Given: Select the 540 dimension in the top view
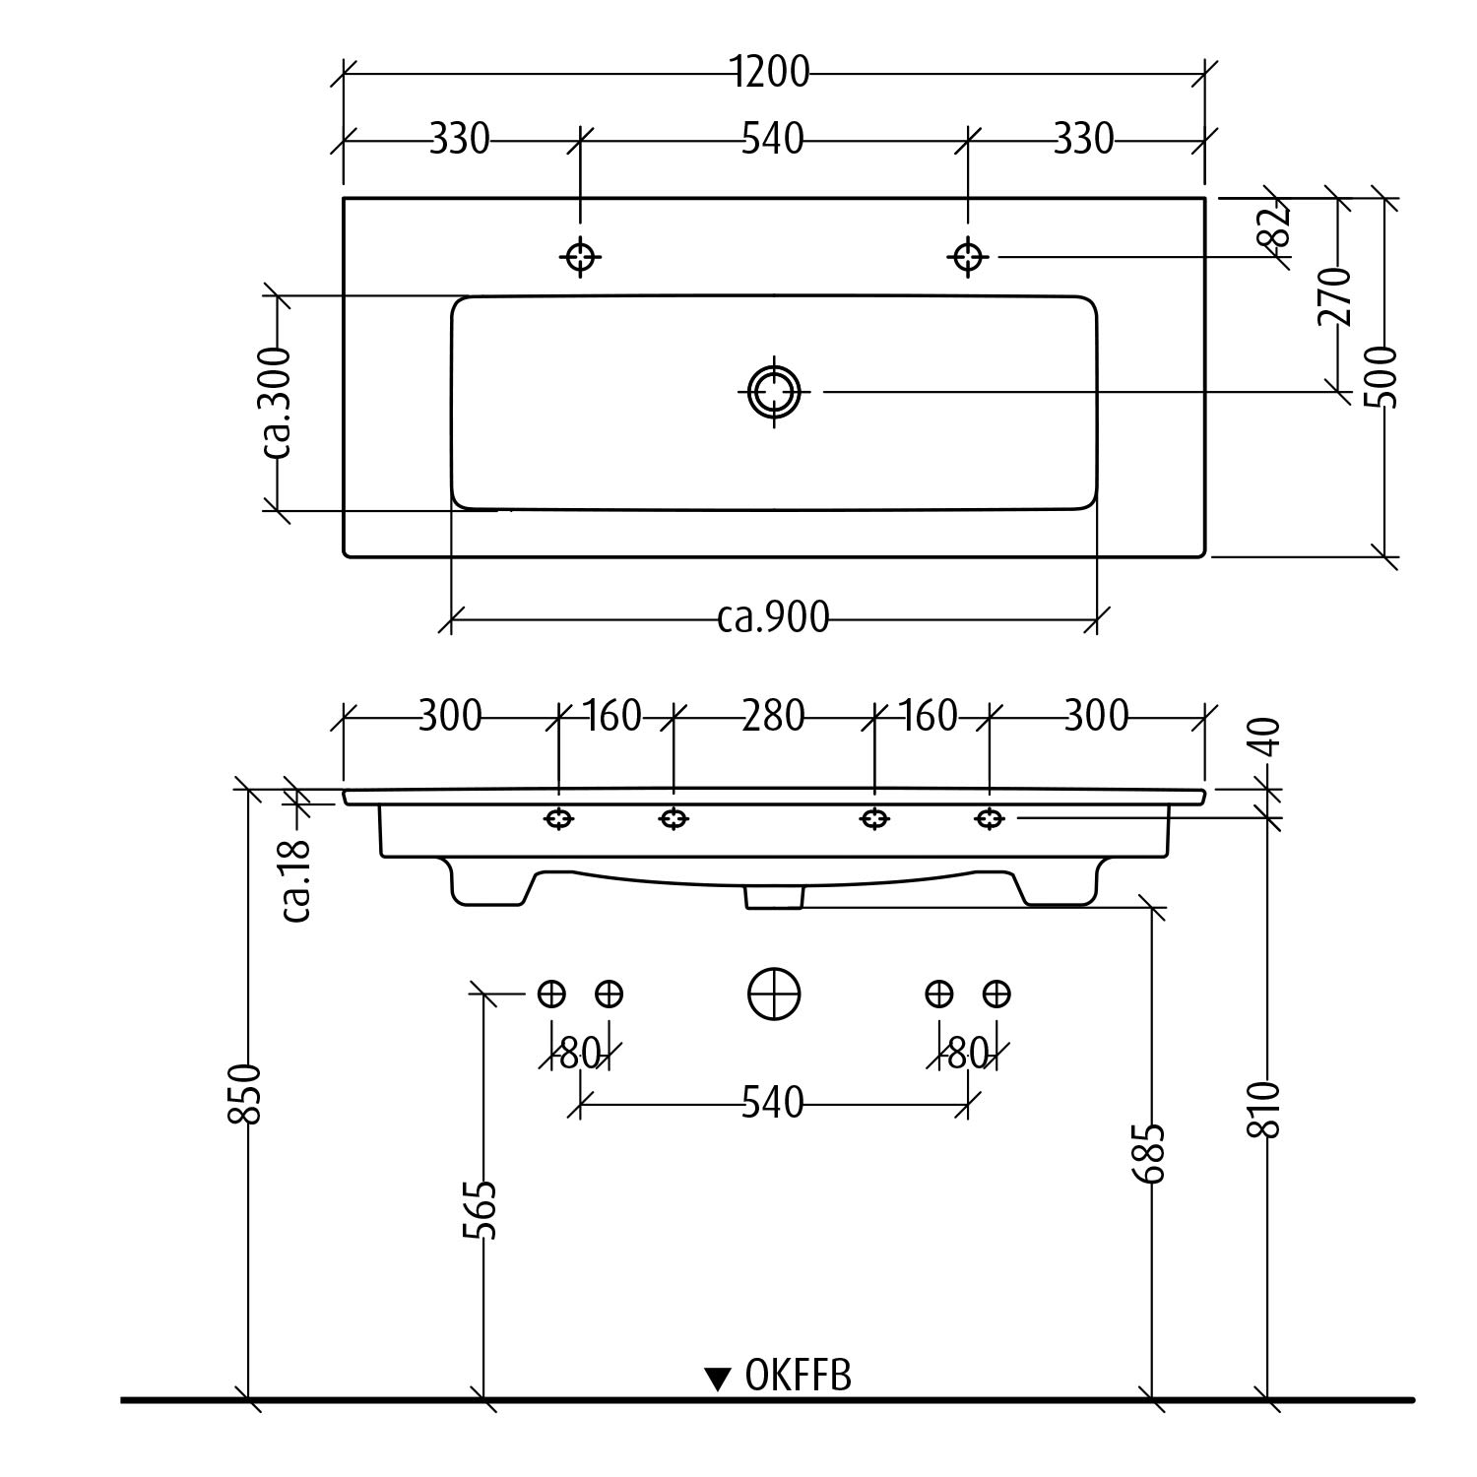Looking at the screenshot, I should (x=773, y=140).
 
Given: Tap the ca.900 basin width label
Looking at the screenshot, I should (x=773, y=618).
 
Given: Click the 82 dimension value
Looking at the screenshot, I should (x=1274, y=226).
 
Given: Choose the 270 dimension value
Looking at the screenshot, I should (x=1336, y=295).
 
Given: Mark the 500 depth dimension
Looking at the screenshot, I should (x=1382, y=376).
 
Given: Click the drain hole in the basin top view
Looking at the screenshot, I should (x=774, y=392).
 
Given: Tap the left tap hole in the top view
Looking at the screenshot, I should (x=580, y=257).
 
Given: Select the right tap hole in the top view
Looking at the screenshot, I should (x=968, y=257).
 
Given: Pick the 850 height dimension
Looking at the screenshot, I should (x=247, y=1093).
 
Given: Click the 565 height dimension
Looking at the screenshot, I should (x=482, y=1210).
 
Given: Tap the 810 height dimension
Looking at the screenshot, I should (x=1266, y=1110).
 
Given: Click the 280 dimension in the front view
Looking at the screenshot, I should (x=773, y=716).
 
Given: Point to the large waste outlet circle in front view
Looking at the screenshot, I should (x=774, y=994).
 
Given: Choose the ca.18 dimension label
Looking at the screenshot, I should (x=296, y=879).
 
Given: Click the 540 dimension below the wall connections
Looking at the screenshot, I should (x=773, y=1103).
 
